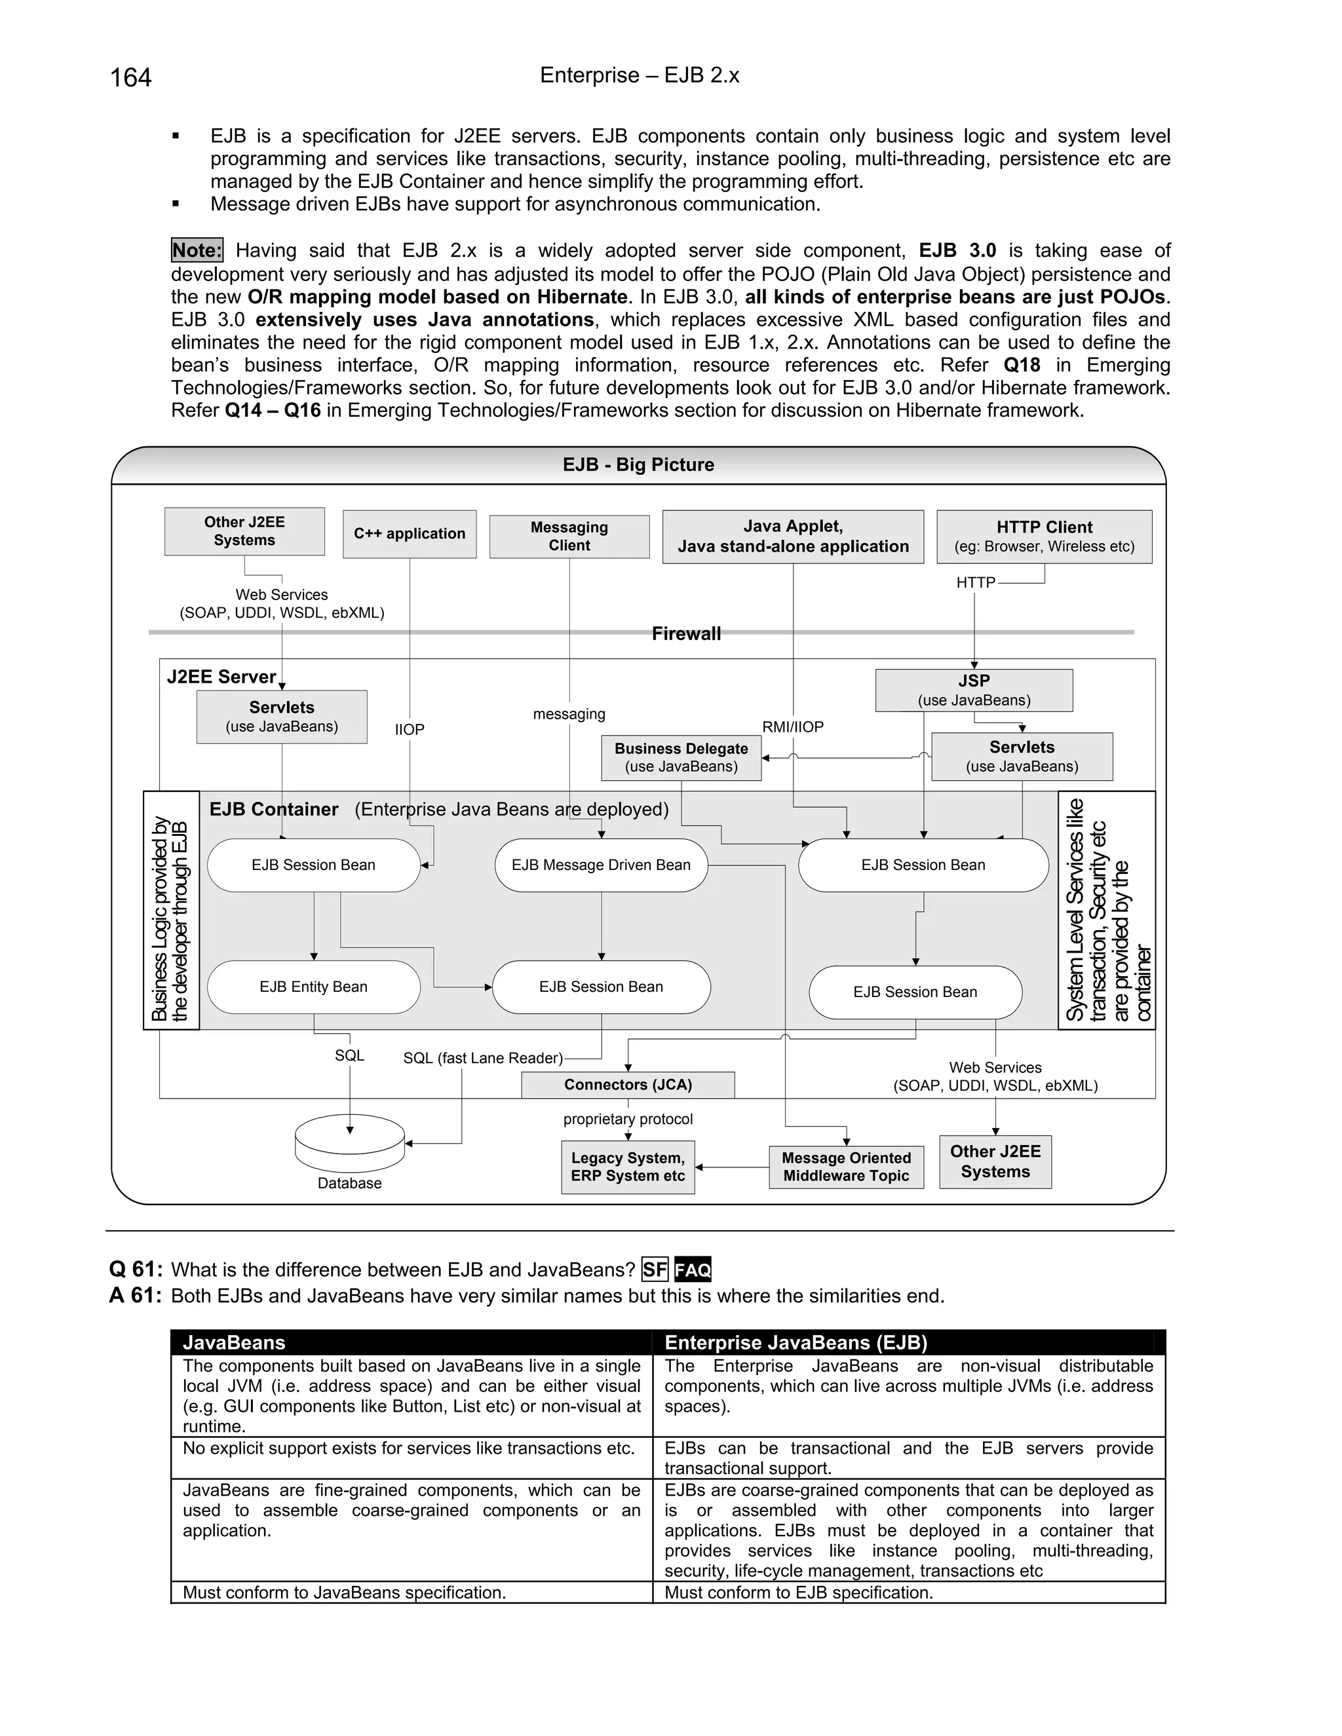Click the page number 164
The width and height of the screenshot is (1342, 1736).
pos(130,77)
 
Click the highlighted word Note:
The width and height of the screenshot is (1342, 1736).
pos(197,250)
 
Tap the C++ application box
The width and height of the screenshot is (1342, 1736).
pos(410,534)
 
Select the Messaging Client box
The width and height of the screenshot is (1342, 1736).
pos(569,537)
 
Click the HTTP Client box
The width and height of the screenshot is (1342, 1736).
pos(1044,537)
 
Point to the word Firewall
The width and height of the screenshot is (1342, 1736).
pos(686,633)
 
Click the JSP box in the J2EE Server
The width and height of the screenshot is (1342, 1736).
pos(974,690)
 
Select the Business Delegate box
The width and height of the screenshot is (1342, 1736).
pos(681,757)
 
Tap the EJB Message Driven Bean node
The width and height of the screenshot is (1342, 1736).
pos(601,865)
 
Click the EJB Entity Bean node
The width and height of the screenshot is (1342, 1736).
pos(313,987)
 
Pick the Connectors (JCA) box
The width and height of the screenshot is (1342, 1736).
pos(628,1085)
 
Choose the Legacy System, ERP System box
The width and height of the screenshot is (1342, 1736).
pos(628,1167)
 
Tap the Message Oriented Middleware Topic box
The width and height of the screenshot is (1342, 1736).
pos(846,1167)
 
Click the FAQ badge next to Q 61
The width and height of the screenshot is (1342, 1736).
pos(693,1270)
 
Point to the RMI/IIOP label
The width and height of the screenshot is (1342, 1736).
pos(793,726)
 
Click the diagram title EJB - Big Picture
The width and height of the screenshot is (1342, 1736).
pos(638,465)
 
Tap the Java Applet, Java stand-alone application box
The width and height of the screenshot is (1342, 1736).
pos(793,537)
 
